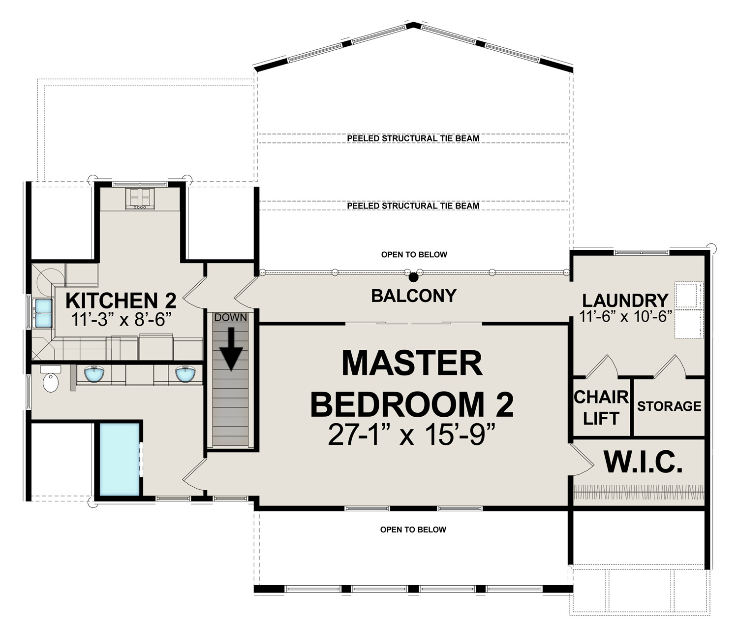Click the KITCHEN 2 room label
pyautogui.click(x=121, y=300)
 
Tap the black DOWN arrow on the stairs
pyautogui.click(x=231, y=349)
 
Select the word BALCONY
pyautogui.click(x=414, y=296)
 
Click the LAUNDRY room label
pyautogui.click(x=625, y=300)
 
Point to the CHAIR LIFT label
pyautogui.click(x=601, y=408)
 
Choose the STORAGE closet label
pyautogui.click(x=669, y=406)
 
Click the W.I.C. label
pyautogui.click(x=643, y=463)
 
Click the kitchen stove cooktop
pyautogui.click(x=140, y=199)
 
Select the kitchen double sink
pyautogui.click(x=42, y=313)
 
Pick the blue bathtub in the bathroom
pyautogui.click(x=119, y=459)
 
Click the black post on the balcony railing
pyautogui.click(x=413, y=277)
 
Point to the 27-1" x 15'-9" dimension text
pyautogui.click(x=412, y=435)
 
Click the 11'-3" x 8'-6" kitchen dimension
pyautogui.click(x=122, y=320)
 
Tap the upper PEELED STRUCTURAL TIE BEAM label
pyautogui.click(x=413, y=138)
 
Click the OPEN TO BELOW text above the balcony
pyautogui.click(x=414, y=255)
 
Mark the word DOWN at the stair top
pyautogui.click(x=231, y=317)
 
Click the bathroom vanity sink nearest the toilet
pyautogui.click(x=94, y=374)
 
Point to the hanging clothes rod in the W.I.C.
pyautogui.click(x=639, y=492)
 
